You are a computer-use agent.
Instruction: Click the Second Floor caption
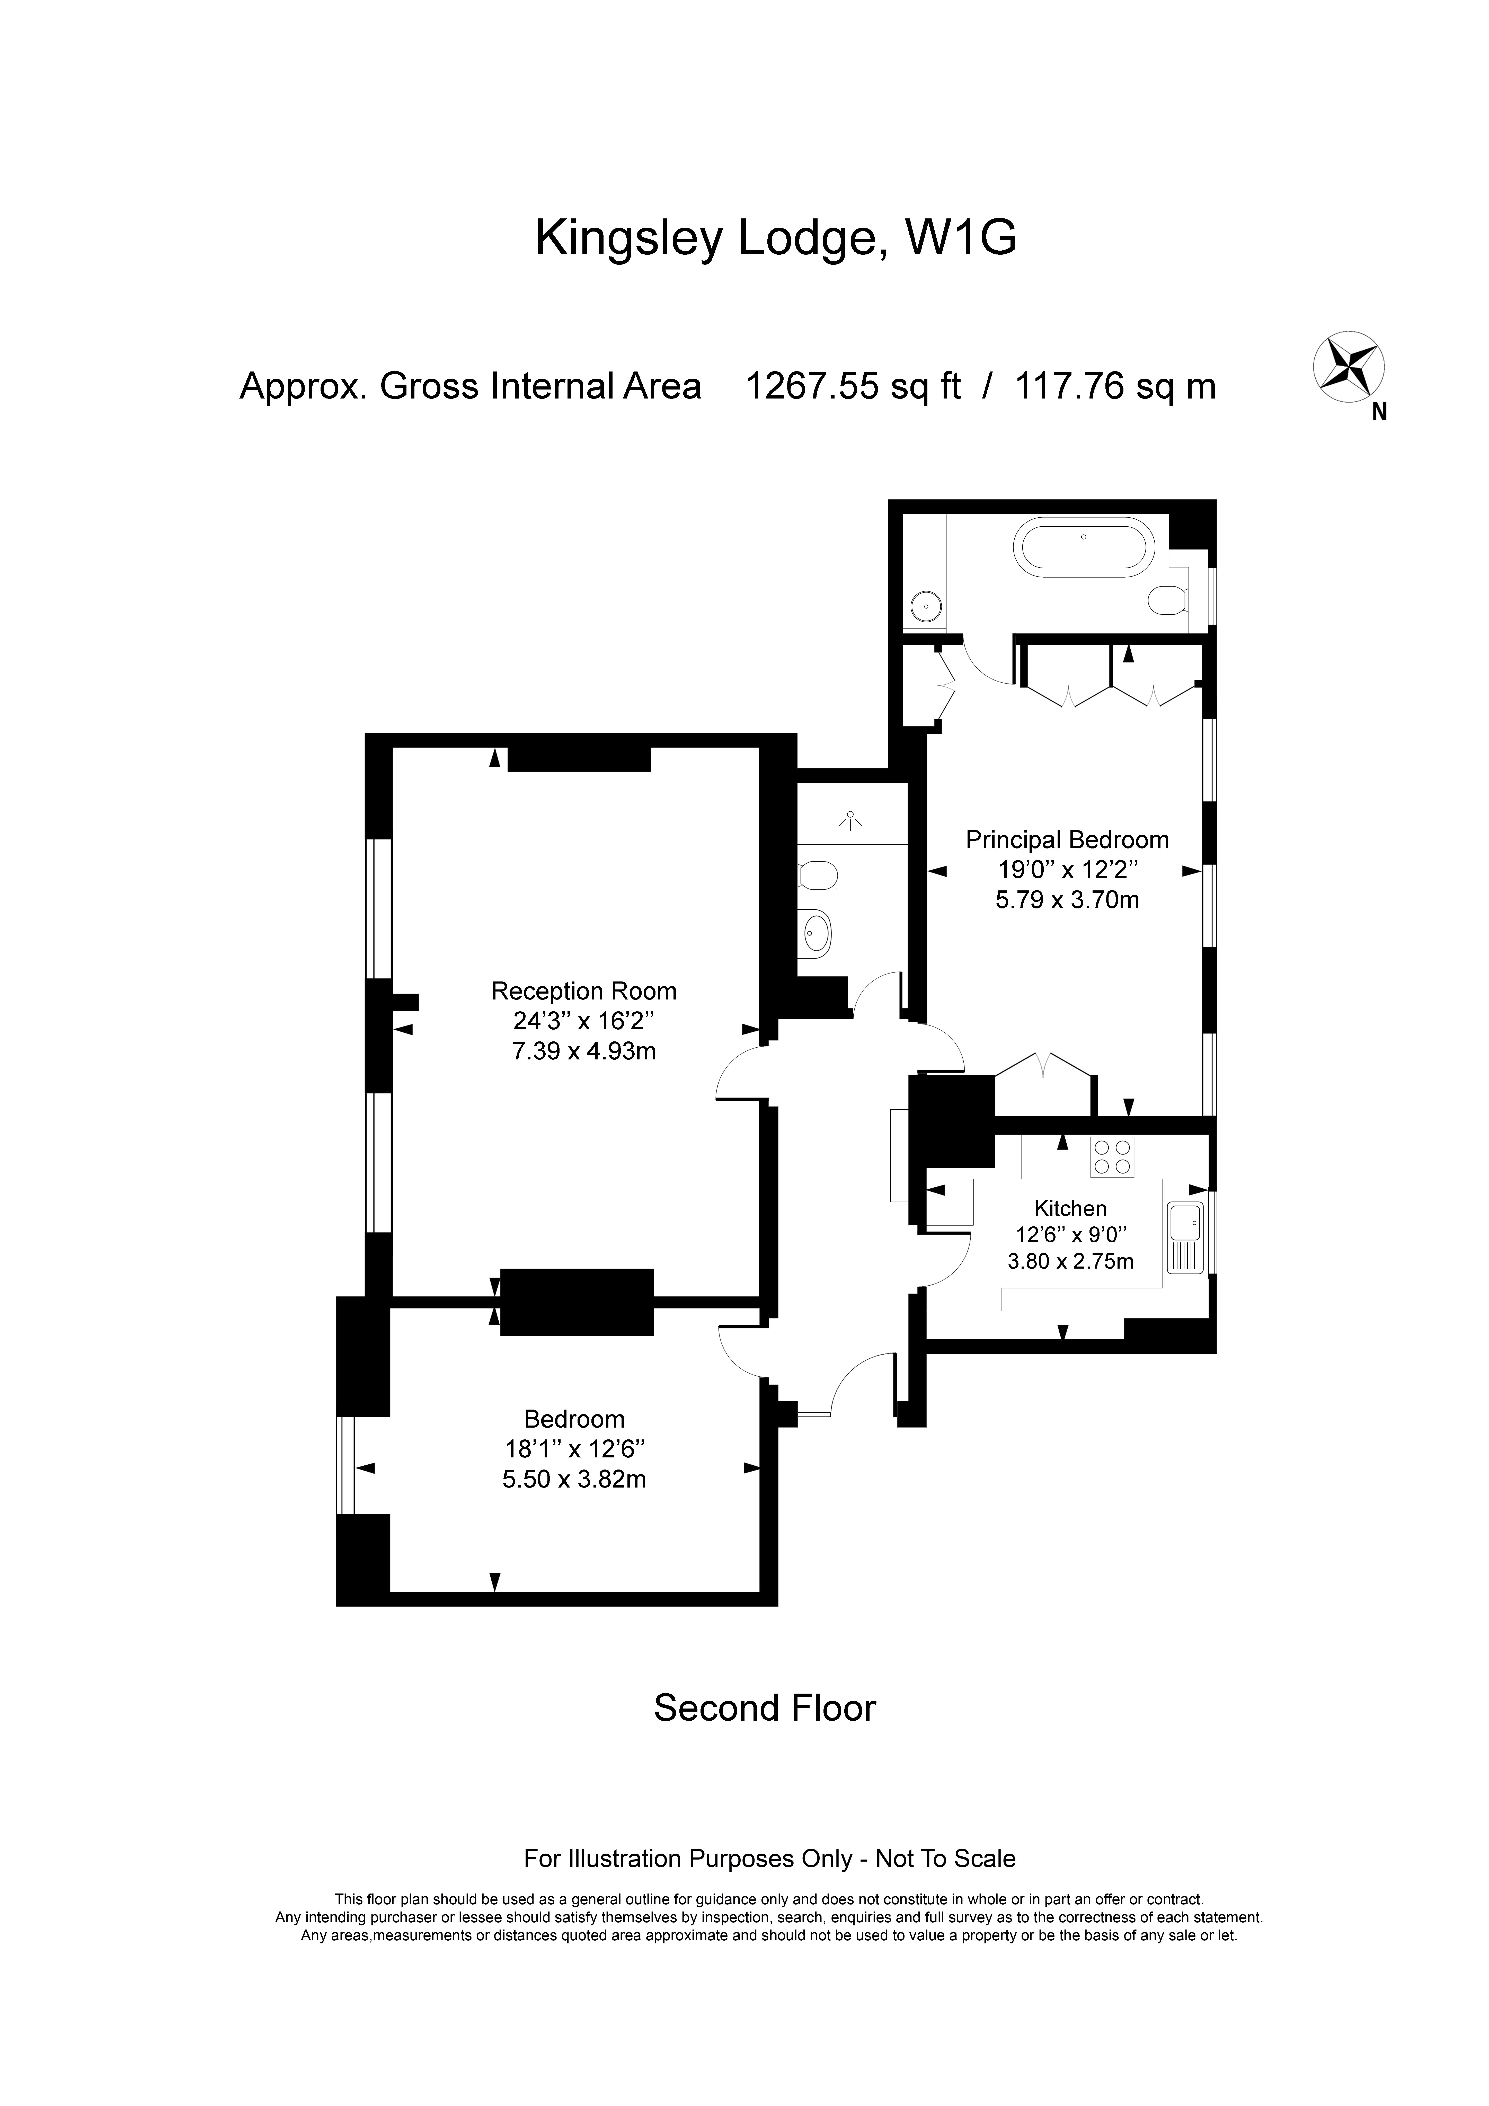click(x=765, y=1708)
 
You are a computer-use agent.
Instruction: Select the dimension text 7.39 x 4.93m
click(x=584, y=1051)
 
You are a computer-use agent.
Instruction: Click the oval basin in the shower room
click(x=816, y=934)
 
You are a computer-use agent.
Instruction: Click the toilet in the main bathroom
click(x=1168, y=600)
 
